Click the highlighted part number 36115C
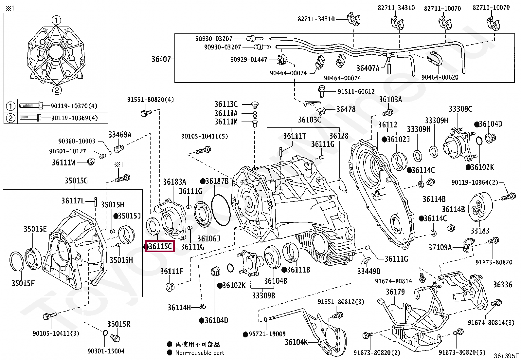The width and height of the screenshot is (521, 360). [x=160, y=246]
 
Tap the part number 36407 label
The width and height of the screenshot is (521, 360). [x=161, y=59]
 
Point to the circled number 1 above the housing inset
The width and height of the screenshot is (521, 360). [x=56, y=20]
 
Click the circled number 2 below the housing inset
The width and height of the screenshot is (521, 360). [x=57, y=90]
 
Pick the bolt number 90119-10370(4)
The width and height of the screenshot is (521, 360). [x=74, y=106]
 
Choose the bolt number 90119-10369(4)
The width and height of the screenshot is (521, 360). [x=74, y=118]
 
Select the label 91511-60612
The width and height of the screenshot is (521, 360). [x=356, y=91]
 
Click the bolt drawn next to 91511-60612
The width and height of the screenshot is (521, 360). [x=322, y=91]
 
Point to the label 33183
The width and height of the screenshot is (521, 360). [x=480, y=231]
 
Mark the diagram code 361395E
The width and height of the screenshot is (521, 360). [x=506, y=356]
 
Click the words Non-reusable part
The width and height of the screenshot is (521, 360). [x=200, y=353]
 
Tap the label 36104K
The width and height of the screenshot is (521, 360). [x=296, y=342]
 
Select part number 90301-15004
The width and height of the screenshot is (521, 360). [x=106, y=351]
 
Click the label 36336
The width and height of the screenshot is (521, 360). [x=503, y=285]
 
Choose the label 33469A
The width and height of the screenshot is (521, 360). [x=120, y=135]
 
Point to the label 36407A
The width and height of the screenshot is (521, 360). [x=368, y=68]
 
